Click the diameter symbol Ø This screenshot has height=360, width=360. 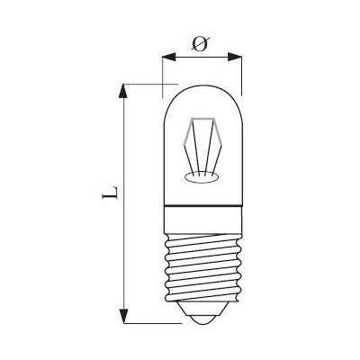coord(201,44)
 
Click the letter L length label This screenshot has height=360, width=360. coord(110,193)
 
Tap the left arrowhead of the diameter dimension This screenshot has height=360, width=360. coord(168,57)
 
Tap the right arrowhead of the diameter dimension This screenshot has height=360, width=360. coord(235,57)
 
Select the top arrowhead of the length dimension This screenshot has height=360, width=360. coord(122,91)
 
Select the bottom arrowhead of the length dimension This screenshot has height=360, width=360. coord(123,316)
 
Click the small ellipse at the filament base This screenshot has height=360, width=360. coord(201,178)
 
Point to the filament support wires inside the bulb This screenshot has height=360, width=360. coord(202,147)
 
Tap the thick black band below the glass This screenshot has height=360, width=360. coord(202,207)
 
